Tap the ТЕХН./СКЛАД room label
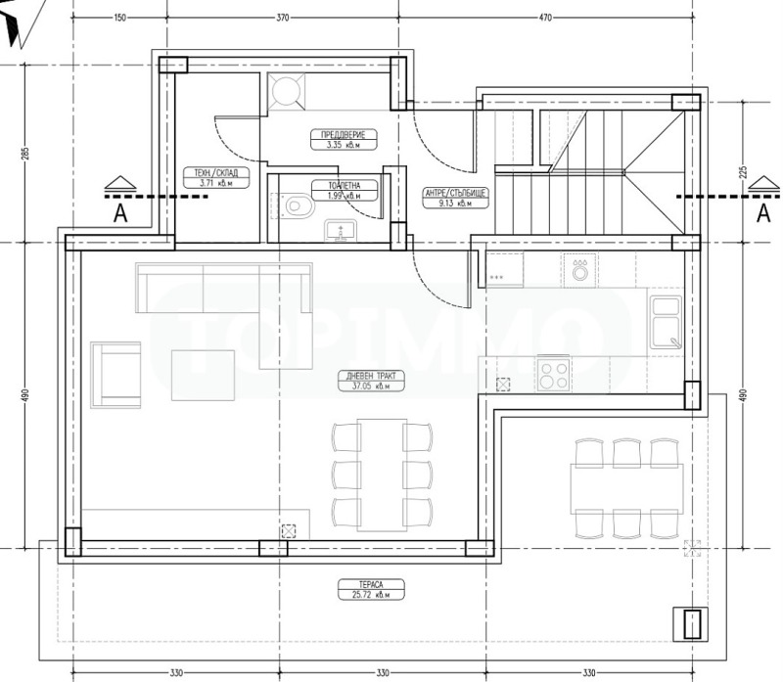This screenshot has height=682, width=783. coord(215,177)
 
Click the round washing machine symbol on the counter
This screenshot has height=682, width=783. coord(581,270)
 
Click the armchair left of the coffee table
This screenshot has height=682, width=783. coord(115,374)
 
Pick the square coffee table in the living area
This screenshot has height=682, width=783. coord(203,375)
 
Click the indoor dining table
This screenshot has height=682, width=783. coord(381,473)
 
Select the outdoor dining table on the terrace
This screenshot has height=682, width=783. coord(626,486)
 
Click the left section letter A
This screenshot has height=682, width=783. coord(119,214)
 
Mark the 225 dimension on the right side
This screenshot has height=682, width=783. coord(744,171)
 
